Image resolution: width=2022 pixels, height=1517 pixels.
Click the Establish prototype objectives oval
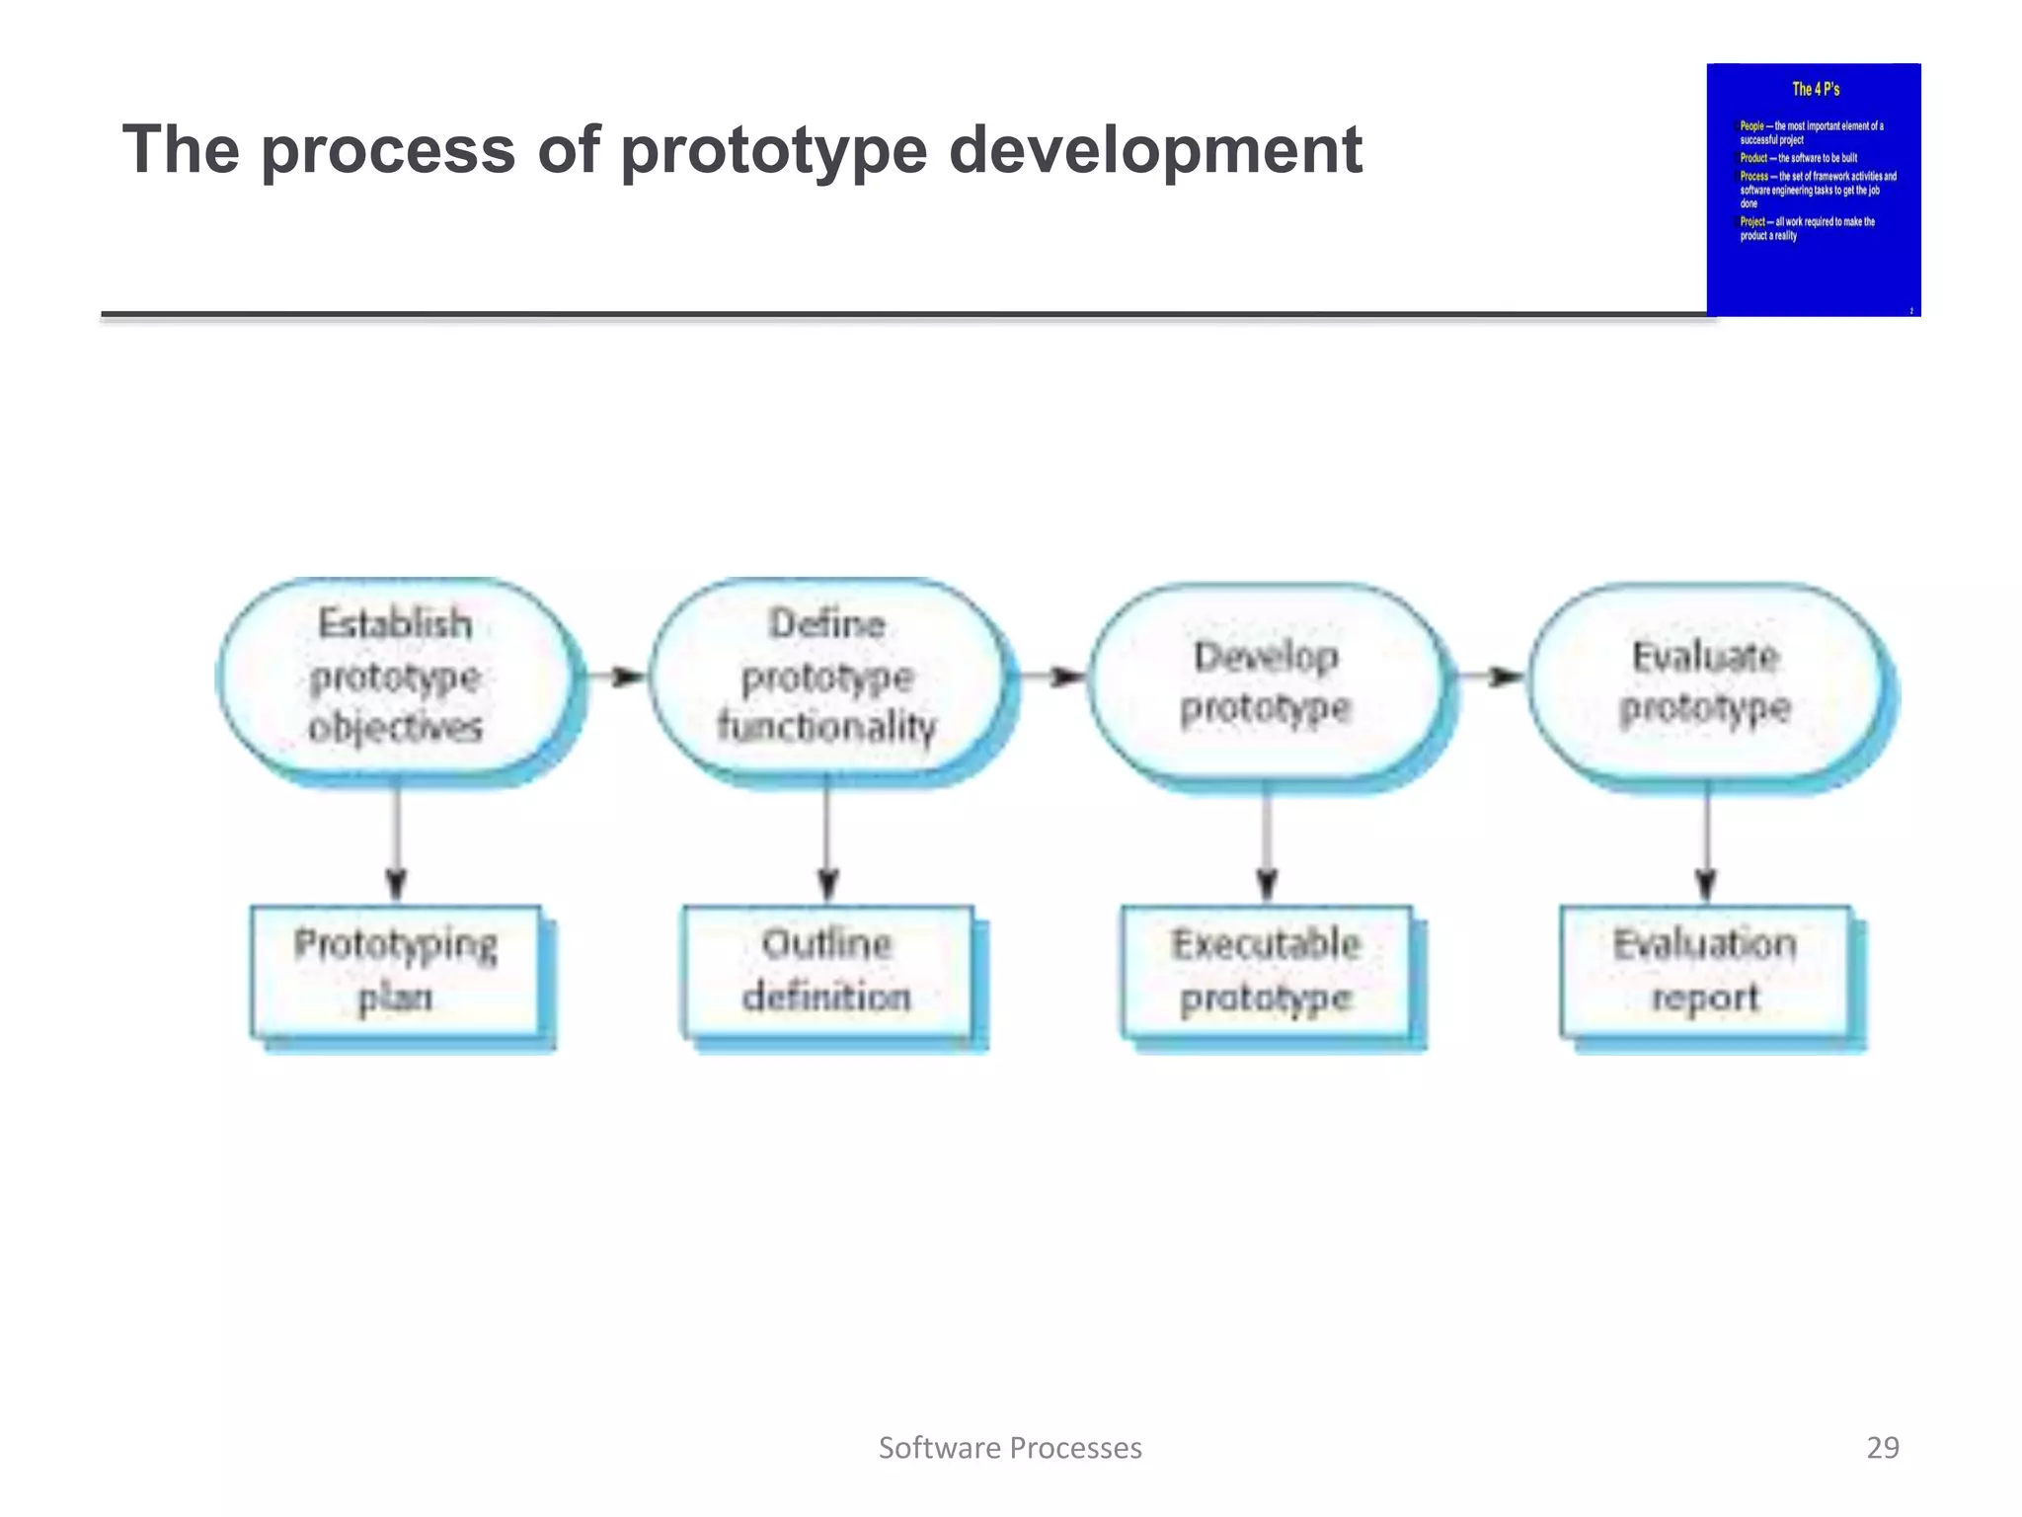tap(395, 677)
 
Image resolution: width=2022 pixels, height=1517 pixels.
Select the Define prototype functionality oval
tap(827, 677)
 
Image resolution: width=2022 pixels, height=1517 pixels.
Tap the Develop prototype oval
tap(1266, 681)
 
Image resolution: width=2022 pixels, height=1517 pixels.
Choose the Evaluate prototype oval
tap(1705, 681)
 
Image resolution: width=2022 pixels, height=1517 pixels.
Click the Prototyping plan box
tap(396, 971)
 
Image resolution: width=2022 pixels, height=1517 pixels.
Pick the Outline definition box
tap(827, 971)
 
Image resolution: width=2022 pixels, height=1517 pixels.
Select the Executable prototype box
tap(1267, 971)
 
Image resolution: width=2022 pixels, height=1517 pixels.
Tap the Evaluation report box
tap(1705, 971)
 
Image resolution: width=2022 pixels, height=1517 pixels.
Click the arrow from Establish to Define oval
tap(616, 677)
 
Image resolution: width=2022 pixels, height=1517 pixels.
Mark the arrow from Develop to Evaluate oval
tap(1492, 677)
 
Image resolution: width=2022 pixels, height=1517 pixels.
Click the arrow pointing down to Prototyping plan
tap(397, 839)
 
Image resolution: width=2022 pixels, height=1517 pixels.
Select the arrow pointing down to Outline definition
tap(828, 839)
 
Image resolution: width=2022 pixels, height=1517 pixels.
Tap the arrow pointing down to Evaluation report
tap(1706, 839)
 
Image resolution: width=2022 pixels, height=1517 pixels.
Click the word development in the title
tap(1155, 150)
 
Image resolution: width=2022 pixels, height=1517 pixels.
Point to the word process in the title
tap(388, 150)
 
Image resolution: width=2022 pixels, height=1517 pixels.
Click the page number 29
tap(1882, 1447)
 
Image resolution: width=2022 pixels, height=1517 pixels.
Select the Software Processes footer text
tap(1010, 1448)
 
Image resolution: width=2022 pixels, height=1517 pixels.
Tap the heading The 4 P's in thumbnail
tap(1815, 89)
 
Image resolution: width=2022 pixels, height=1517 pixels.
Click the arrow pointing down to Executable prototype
tap(1268, 839)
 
